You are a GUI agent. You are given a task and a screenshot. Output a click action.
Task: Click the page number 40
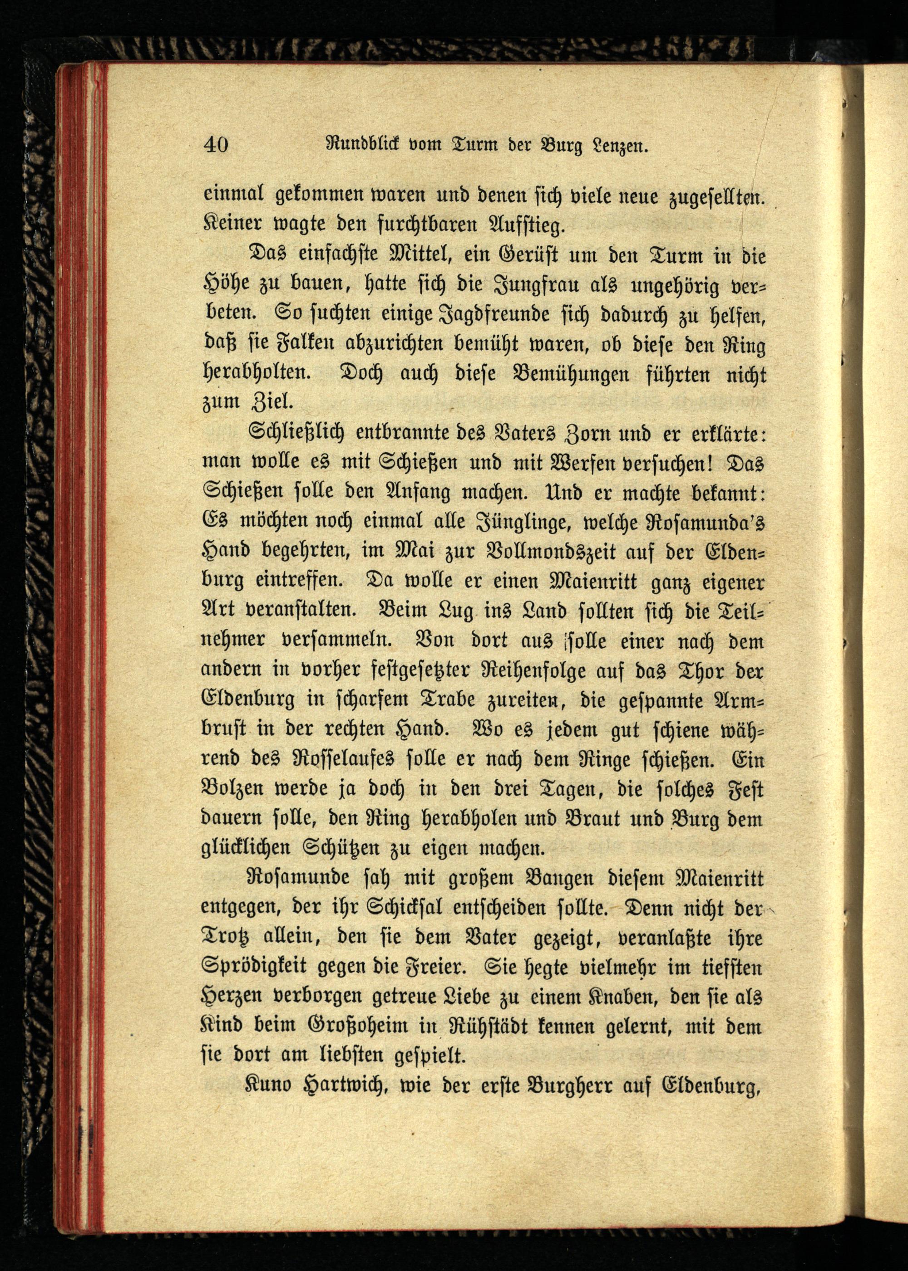point(216,145)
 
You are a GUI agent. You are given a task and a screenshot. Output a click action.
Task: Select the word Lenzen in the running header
point(617,147)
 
